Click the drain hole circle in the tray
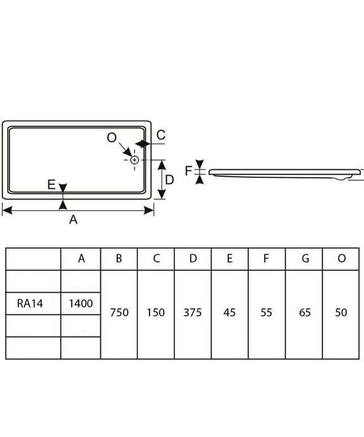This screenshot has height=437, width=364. click(134, 160)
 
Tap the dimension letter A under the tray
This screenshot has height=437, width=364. click(73, 220)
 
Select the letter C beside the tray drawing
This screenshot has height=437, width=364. click(161, 135)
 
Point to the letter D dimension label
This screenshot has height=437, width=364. click(169, 180)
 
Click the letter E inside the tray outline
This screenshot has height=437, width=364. click(51, 185)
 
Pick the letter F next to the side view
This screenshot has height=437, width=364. click(188, 171)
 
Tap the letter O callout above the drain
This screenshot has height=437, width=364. click(112, 137)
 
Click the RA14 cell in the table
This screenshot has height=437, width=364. click(30, 304)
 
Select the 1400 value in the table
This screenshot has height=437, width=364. click(81, 304)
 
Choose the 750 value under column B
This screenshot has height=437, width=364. click(119, 312)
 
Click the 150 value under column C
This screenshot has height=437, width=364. click(156, 312)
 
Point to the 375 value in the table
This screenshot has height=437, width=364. click(192, 312)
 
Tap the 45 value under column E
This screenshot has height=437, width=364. click(230, 312)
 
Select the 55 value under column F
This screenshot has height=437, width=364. click(266, 312)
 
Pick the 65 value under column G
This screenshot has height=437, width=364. click(305, 312)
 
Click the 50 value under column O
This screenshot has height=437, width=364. click(341, 312)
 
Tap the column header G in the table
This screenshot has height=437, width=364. click(305, 259)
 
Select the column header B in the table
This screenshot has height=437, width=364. click(119, 259)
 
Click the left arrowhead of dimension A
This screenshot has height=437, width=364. click(7, 211)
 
